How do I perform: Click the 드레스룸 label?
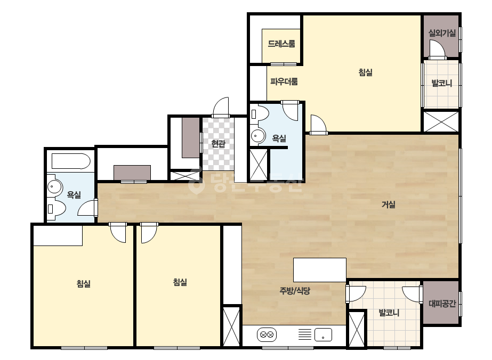pyautogui.click(x=281, y=44)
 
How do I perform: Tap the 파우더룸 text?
pyautogui.click(x=284, y=81)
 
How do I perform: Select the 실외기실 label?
pyautogui.click(x=442, y=33)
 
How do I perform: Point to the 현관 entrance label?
pyautogui.click(x=218, y=144)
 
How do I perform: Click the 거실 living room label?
pyautogui.click(x=388, y=204)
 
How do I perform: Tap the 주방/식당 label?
pyautogui.click(x=295, y=291)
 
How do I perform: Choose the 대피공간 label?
pyautogui.click(x=442, y=304)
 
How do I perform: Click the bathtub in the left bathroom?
pyautogui.click(x=71, y=161)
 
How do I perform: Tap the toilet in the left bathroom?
pyautogui.click(x=57, y=209)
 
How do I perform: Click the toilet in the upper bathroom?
pyautogui.click(x=260, y=113)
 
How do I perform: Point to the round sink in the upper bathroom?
pyautogui.click(x=257, y=136)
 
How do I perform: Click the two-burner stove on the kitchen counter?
pyautogui.click(x=267, y=335)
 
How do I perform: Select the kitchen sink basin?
pyautogui.click(x=323, y=334)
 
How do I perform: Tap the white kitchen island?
pyautogui.click(x=320, y=269)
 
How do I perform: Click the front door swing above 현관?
pyautogui.click(x=221, y=107)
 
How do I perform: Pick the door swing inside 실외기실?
pyautogui.click(x=438, y=50)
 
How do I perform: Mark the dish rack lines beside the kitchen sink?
pyautogui.click(x=305, y=334)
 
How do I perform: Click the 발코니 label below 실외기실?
pyautogui.click(x=442, y=84)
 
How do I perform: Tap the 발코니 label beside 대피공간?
pyautogui.click(x=389, y=313)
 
